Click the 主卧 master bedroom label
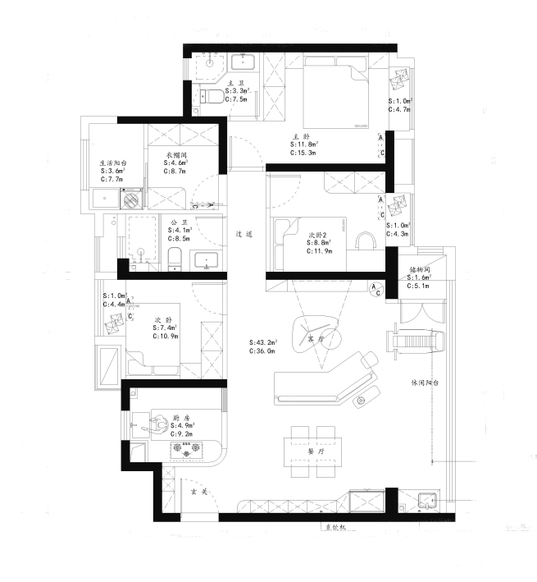pyautogui.click(x=301, y=137)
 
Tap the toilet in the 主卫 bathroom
pyautogui.click(x=211, y=98)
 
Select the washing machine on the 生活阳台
pyautogui.click(x=131, y=199)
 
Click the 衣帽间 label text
pyautogui.click(x=177, y=154)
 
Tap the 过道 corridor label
pyautogui.click(x=243, y=235)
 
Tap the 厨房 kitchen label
pyautogui.click(x=181, y=418)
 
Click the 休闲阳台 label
pyautogui.click(x=426, y=383)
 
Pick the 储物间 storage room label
pyautogui.click(x=420, y=269)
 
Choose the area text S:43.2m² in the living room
pyautogui.click(x=263, y=342)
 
